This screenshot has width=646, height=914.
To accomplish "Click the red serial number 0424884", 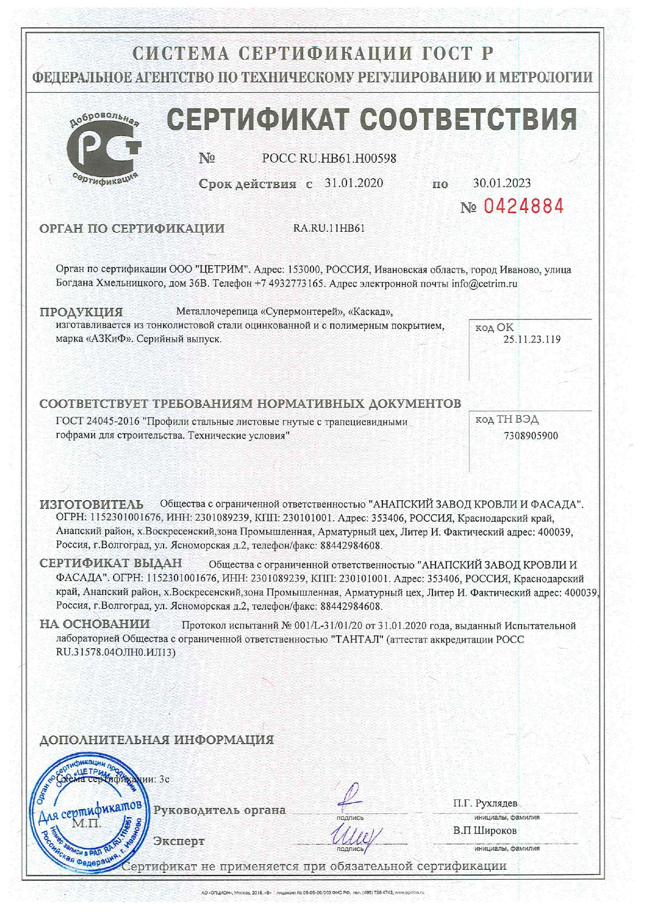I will (524, 207).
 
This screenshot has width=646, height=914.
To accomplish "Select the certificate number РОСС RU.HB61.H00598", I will (329, 158).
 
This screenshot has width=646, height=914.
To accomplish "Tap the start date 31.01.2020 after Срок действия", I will (354, 183).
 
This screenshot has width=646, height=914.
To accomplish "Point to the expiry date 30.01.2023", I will (502, 183).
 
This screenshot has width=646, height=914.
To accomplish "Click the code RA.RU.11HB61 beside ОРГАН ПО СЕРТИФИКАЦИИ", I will (329, 228).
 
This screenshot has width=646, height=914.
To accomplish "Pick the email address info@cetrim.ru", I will (484, 284).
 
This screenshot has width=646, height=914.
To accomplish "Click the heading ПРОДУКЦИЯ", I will (81, 312).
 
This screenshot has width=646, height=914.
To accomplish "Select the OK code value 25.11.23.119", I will (531, 339).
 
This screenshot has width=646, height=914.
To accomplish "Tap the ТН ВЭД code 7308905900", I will (531, 436).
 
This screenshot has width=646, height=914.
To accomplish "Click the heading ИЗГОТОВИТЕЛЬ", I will (92, 504).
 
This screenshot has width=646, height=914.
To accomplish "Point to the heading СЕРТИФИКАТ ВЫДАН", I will (111, 563).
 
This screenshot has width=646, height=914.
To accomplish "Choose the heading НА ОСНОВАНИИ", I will (95, 624).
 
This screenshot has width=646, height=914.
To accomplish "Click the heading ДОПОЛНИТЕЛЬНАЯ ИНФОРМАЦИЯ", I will (157, 740).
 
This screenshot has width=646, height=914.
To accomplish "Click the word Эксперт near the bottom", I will (179, 841).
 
